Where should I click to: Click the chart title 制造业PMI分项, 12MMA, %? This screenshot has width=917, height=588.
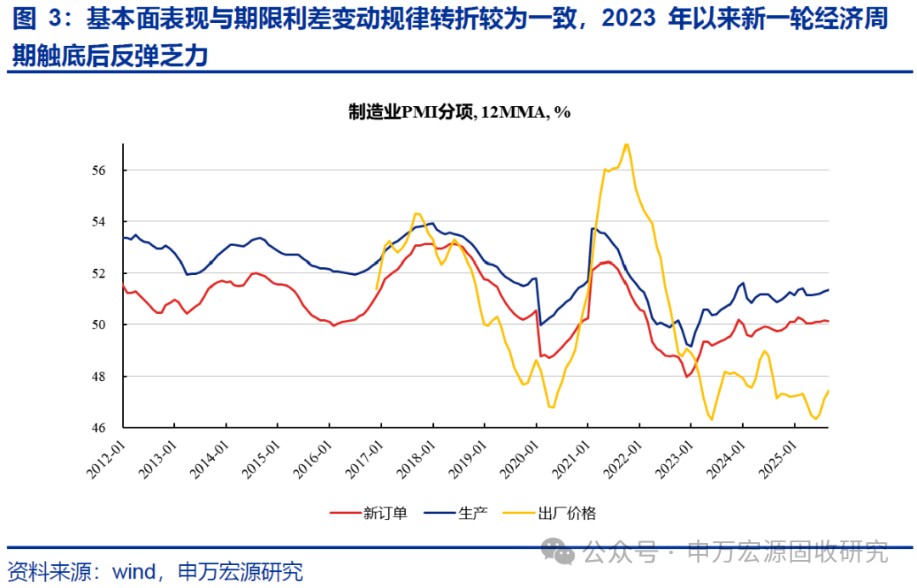(x=459, y=112)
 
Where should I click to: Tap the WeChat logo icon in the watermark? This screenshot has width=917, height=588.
(x=562, y=552)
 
